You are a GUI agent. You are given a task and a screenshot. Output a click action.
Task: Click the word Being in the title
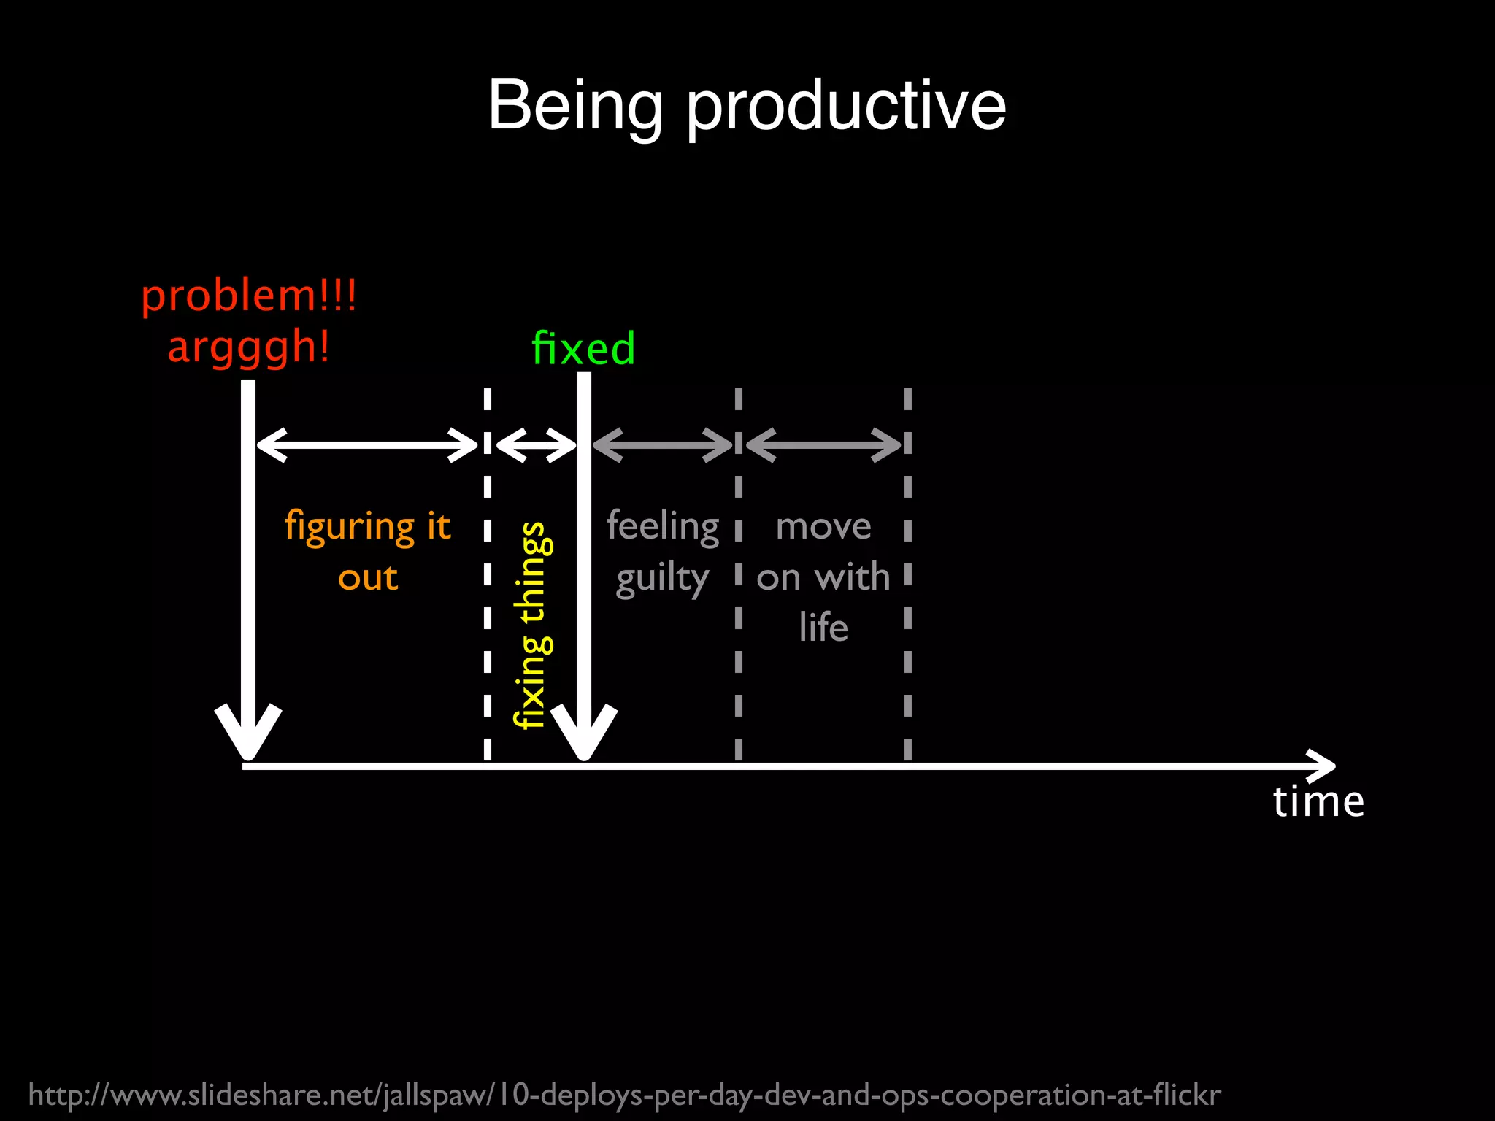(x=575, y=107)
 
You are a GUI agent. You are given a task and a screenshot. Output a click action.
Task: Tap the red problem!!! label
(x=249, y=296)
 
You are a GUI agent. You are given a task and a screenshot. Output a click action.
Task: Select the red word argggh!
(x=249, y=347)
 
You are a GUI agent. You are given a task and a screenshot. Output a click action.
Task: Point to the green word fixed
(x=583, y=348)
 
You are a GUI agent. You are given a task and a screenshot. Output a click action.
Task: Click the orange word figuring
(x=350, y=527)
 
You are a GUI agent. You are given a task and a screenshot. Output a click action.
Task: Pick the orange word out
(x=368, y=578)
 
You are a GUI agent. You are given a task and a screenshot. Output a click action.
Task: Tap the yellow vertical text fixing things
(x=533, y=625)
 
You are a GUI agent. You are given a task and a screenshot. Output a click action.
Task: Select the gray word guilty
(x=662, y=579)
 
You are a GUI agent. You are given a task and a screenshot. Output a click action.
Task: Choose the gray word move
(x=823, y=526)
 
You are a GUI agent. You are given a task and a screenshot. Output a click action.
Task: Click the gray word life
(x=823, y=627)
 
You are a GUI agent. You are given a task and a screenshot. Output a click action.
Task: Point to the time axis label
(x=1318, y=801)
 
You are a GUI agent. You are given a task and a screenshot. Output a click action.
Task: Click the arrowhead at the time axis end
(x=1323, y=766)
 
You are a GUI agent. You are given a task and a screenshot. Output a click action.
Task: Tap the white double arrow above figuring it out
(x=367, y=444)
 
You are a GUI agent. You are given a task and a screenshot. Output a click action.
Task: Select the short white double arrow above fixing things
(x=536, y=444)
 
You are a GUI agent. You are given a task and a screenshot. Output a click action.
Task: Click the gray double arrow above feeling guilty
(x=662, y=444)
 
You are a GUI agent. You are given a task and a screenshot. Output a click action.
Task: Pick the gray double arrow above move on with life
(x=823, y=444)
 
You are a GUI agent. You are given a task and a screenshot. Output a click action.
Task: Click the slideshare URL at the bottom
(x=624, y=1095)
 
